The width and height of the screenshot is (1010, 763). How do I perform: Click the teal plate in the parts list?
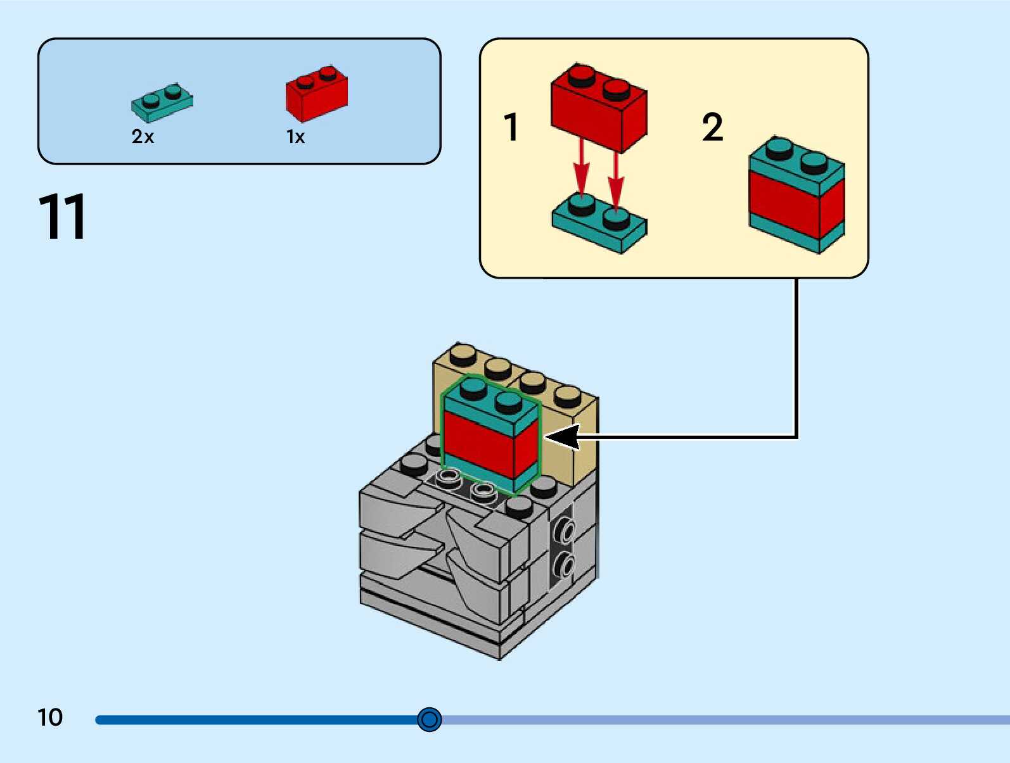[x=162, y=103]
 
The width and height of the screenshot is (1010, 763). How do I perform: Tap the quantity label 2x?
[x=143, y=137]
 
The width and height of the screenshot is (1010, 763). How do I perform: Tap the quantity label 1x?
[x=295, y=137]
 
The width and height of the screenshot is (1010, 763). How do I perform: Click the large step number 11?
[x=62, y=217]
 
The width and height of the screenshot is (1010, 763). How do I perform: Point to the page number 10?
[x=50, y=717]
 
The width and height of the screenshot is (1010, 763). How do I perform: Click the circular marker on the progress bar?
[x=430, y=719]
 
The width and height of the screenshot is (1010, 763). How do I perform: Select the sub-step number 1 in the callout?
[x=511, y=127]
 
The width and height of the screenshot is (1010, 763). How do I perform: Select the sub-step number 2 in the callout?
[x=712, y=127]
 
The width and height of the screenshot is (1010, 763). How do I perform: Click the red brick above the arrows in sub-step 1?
[x=598, y=108]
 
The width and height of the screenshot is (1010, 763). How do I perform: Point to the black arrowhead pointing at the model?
[x=563, y=437]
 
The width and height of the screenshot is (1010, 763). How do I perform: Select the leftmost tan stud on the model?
[x=463, y=355]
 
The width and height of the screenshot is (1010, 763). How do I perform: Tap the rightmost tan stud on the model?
[x=567, y=396]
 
